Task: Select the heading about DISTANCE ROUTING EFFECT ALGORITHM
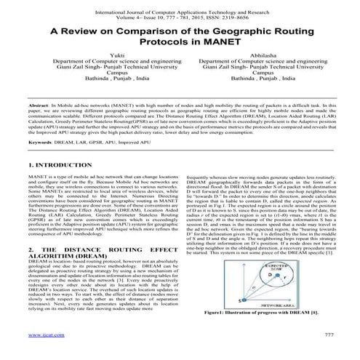[87, 253]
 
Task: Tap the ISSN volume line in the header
[179, 20]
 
